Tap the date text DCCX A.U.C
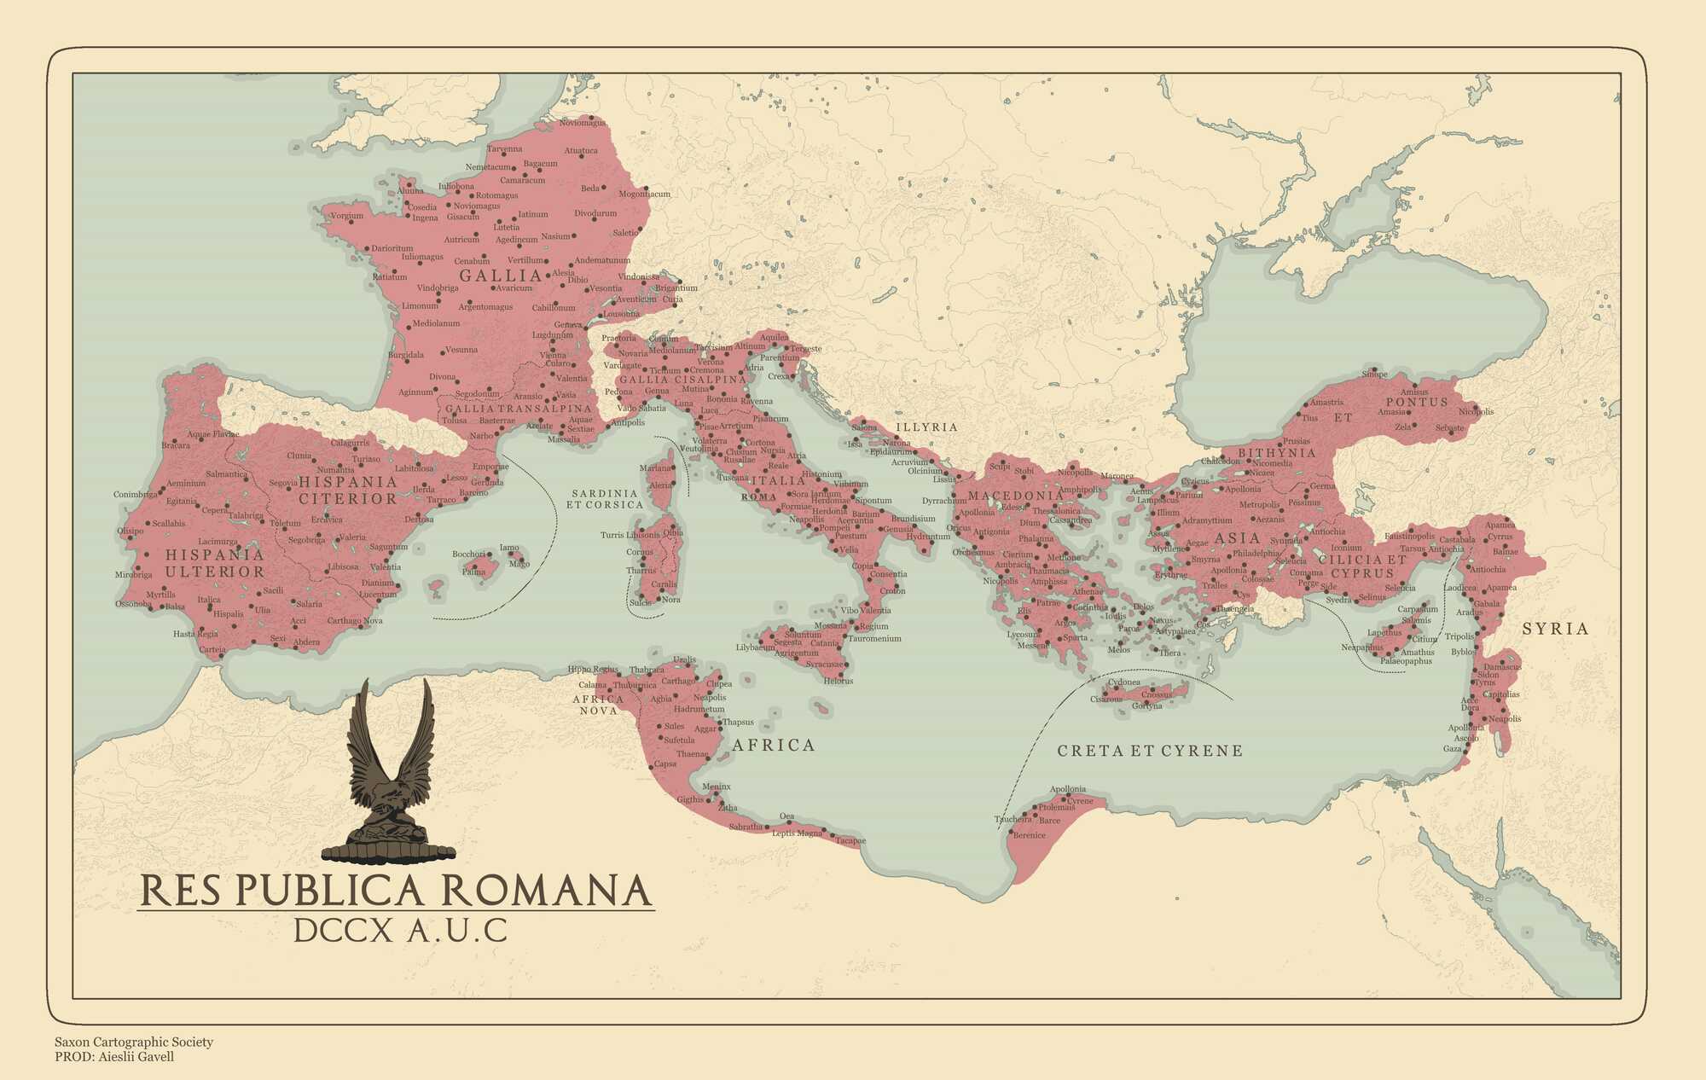tap(400, 931)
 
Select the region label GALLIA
tap(501, 276)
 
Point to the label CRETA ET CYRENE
tap(1150, 751)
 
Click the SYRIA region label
tap(1556, 629)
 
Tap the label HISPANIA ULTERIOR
tap(215, 563)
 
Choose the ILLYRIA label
tap(926, 427)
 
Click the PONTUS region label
tap(1417, 402)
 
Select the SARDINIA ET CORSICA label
tap(605, 499)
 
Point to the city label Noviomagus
tap(582, 123)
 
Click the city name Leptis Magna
tap(798, 833)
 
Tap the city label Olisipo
tap(130, 531)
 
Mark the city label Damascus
tap(1502, 666)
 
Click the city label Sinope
tap(1374, 374)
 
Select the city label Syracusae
tap(825, 664)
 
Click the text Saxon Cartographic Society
tap(134, 1042)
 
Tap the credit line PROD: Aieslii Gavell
tap(114, 1057)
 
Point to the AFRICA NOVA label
tap(598, 705)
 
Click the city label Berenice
tap(1029, 835)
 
